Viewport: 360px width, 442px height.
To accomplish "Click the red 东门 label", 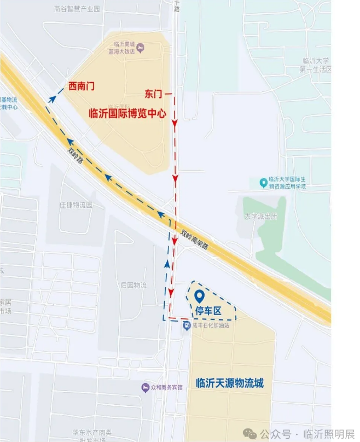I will (154, 94).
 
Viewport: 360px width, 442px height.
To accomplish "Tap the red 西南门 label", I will (82, 86).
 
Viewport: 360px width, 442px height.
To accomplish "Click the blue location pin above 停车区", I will (200, 296).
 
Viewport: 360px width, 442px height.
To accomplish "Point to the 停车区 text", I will (208, 311).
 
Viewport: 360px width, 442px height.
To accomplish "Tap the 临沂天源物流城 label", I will (229, 383).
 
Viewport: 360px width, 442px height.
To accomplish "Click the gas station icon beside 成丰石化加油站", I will (186, 325).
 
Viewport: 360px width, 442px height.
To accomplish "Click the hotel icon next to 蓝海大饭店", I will (141, 48).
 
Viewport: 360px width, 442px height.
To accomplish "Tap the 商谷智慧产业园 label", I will (78, 9).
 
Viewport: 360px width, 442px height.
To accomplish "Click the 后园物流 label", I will (133, 285).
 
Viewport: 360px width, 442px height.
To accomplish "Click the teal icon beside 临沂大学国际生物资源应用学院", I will (264, 181).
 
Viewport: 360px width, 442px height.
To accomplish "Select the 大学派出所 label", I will (261, 216).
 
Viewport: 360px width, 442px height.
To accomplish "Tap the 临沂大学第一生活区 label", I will (316, 65).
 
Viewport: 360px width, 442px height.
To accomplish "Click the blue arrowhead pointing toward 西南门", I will (53, 98).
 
